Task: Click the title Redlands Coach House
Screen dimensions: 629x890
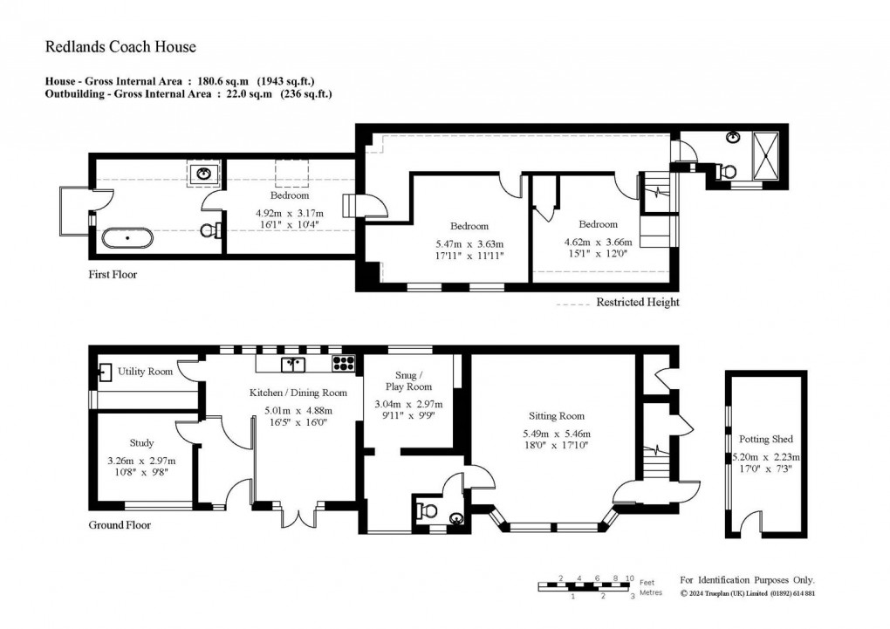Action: (120, 47)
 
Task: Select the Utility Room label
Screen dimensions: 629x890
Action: (146, 373)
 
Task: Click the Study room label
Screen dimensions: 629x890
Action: (141, 442)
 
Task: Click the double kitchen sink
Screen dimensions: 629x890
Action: (291, 364)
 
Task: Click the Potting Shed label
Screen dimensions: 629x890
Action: (765, 439)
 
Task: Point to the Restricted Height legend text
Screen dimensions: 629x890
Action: (637, 303)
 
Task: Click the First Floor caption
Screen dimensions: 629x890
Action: (113, 275)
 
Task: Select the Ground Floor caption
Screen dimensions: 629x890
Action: (120, 525)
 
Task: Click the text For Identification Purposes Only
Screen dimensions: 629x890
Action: (746, 580)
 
